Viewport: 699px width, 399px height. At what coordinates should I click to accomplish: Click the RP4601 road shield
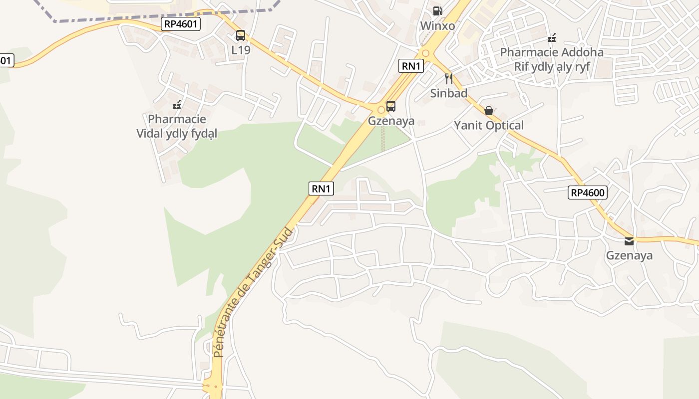[181, 24]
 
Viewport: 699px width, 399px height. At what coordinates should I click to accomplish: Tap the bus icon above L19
[241, 35]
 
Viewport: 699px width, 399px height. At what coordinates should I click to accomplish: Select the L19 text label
[241, 50]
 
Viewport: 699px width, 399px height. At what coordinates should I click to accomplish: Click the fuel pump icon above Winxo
[437, 10]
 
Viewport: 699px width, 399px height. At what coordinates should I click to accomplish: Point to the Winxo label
[437, 25]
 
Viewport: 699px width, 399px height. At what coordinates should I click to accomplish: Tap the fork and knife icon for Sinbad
[449, 78]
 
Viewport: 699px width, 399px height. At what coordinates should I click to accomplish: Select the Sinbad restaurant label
[449, 93]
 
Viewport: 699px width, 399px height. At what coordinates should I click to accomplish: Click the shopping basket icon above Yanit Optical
[489, 110]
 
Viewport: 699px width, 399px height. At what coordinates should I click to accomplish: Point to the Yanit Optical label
[489, 125]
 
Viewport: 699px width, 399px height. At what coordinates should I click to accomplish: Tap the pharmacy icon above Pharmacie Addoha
[552, 37]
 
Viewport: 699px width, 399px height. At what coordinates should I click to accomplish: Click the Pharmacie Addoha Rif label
[552, 59]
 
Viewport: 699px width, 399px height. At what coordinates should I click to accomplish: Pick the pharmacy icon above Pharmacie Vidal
[177, 105]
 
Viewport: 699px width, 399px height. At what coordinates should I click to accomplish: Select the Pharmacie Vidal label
[177, 126]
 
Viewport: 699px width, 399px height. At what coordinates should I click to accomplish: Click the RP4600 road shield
[588, 193]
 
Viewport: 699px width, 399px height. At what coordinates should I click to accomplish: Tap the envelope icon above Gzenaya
[629, 241]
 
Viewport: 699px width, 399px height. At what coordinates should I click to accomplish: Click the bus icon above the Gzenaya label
[391, 106]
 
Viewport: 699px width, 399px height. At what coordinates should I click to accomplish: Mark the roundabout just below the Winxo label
[425, 53]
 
